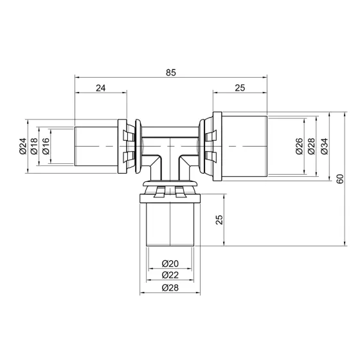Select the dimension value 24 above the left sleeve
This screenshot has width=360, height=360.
click(x=101, y=89)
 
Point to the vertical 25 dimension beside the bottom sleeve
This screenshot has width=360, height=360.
click(x=219, y=221)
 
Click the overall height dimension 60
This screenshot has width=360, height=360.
click(x=339, y=178)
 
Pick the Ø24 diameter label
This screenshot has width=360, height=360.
click(x=22, y=148)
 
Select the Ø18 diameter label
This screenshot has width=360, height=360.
click(x=34, y=148)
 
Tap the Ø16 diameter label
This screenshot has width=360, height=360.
click(x=45, y=148)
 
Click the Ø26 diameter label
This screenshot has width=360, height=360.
click(x=300, y=148)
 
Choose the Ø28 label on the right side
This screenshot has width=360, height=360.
click(x=312, y=148)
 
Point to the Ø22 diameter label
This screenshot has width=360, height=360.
click(x=170, y=274)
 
